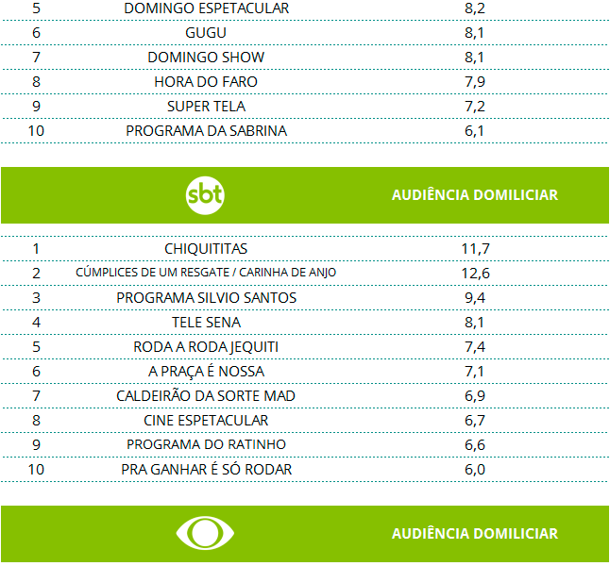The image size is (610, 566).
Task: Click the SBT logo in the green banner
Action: click(205, 195)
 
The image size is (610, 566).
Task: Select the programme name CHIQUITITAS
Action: click(206, 248)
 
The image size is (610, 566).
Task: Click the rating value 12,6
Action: click(474, 273)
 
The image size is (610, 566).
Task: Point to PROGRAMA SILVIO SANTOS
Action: click(206, 297)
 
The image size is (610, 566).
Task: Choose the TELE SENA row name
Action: click(206, 322)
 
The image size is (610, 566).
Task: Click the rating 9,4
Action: click(474, 297)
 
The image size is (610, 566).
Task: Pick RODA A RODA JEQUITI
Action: click(206, 346)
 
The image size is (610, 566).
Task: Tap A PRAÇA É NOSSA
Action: click(206, 371)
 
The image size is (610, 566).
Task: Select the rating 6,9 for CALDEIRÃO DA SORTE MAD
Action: click(474, 395)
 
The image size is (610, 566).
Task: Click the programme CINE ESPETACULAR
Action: click(206, 420)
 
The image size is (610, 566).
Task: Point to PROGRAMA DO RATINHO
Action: click(206, 444)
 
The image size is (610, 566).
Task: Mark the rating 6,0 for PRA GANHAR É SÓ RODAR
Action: click(474, 469)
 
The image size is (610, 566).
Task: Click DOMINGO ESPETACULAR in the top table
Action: click(206, 8)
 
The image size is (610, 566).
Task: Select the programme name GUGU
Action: click(206, 33)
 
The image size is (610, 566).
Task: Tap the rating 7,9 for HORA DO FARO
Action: click(474, 82)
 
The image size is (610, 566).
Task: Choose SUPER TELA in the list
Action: click(206, 107)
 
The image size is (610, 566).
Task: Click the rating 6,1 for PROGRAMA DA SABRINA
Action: click(474, 131)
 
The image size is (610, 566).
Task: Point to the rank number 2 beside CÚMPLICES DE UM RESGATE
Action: click(36, 273)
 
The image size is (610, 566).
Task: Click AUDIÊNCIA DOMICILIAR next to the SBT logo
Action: click(474, 195)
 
